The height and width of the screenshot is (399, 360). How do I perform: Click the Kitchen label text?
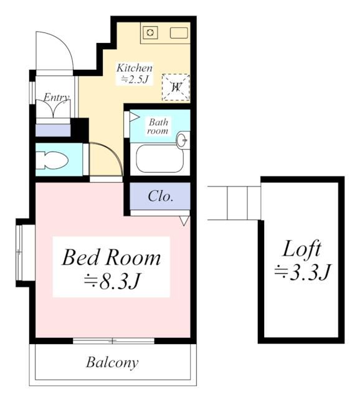[x=135, y=68]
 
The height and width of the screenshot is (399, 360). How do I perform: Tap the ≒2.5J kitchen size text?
[x=135, y=79]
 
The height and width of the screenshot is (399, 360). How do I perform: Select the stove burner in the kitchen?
[x=150, y=33]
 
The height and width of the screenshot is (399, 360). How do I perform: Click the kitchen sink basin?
[x=179, y=33]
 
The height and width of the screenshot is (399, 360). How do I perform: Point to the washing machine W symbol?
[x=176, y=87]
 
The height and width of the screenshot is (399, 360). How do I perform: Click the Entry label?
[x=55, y=98]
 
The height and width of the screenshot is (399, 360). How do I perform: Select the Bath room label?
[x=158, y=127]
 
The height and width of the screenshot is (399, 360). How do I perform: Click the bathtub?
[x=159, y=159]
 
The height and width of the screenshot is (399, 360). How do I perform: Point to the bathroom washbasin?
[x=183, y=140]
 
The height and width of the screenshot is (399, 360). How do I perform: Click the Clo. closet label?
[x=160, y=196]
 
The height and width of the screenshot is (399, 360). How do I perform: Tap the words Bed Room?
[x=111, y=257]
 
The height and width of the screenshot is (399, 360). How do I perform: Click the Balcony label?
[x=112, y=362]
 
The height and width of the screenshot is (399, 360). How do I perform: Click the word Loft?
[x=302, y=249]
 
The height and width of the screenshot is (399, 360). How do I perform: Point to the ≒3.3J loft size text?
[x=302, y=272]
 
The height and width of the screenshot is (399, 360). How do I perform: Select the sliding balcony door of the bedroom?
[x=113, y=340]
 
